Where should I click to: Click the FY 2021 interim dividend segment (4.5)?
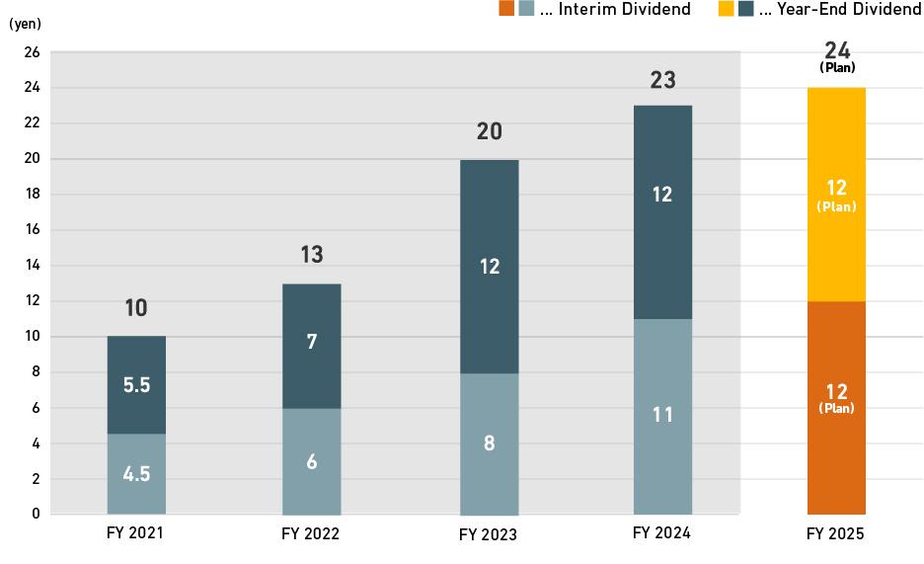[136, 474]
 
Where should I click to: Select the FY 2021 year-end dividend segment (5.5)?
[136, 385]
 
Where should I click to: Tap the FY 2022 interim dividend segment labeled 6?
[312, 461]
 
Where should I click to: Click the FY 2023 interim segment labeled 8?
[490, 443]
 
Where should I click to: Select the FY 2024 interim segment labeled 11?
[662, 416]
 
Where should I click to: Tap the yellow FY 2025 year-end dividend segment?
[836, 195]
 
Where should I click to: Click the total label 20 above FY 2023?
[490, 131]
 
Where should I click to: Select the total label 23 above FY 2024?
[662, 80]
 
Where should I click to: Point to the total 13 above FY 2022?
[312, 255]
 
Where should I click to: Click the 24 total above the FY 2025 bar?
[837, 51]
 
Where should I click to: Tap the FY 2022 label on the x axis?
[311, 534]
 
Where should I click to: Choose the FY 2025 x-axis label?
[835, 534]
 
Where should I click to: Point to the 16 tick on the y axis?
[32, 230]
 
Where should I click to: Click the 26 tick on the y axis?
[32, 52]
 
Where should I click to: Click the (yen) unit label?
[25, 25]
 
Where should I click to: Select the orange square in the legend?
[505, 9]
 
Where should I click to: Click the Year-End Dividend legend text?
[839, 9]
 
